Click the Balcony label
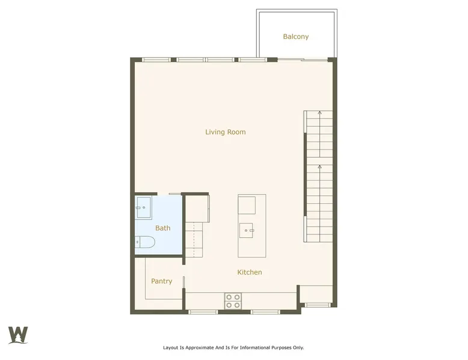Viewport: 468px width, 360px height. coord(296,37)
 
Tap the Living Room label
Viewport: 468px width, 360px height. coord(226,132)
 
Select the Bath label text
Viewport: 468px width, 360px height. coord(162,228)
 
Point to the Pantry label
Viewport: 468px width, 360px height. coord(161,281)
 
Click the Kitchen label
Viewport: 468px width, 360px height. coord(250,272)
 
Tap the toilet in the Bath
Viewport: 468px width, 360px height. coord(145,242)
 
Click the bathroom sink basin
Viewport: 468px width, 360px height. coord(144,207)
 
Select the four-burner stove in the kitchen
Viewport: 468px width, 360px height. coord(233,301)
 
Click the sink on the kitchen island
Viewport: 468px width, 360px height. coord(246,231)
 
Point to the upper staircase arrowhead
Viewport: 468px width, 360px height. coord(319,112)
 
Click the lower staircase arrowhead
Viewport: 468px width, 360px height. coord(319,166)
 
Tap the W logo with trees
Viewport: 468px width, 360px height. coord(18,335)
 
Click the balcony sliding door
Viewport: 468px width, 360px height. coord(303,59)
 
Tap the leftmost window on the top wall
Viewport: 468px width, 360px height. coord(156,59)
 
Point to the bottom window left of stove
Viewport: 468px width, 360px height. coord(203,312)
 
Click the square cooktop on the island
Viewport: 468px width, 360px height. coord(247,205)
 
